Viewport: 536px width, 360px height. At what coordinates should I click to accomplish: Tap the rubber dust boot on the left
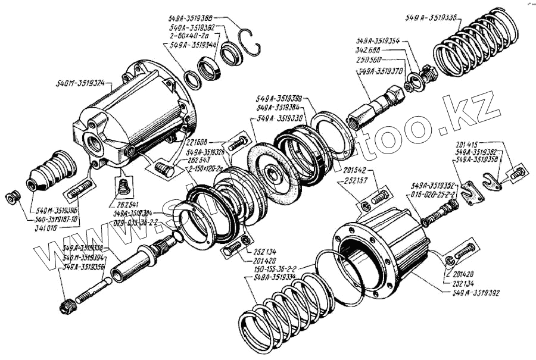coord(50,170)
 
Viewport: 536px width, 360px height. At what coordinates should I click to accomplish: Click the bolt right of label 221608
coord(238,143)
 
